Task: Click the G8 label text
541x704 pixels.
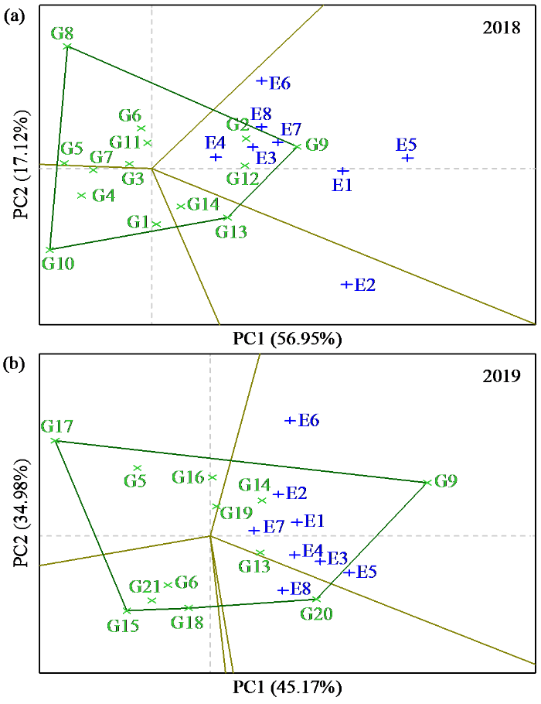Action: (62, 33)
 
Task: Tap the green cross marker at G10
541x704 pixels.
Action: (49, 250)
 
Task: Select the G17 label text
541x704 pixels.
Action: (57, 426)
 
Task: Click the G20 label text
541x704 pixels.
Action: (317, 615)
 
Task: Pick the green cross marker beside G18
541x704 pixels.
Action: (189, 608)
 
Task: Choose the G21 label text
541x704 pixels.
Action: (145, 586)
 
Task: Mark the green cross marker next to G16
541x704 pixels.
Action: (213, 477)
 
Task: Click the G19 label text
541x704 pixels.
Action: (236, 513)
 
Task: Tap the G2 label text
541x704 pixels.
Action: (237, 125)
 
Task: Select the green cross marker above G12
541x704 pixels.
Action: (245, 166)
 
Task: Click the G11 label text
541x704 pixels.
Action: (125, 142)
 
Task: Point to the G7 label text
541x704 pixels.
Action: (101, 158)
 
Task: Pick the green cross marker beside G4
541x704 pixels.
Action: (82, 195)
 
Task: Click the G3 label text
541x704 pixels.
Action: (133, 179)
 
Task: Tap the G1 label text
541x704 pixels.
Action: (138, 222)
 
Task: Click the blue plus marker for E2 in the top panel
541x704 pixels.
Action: (345, 285)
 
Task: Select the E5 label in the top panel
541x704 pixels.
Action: (406, 145)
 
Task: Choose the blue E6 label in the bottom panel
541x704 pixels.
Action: (308, 421)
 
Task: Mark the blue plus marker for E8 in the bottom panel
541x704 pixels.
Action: (283, 591)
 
